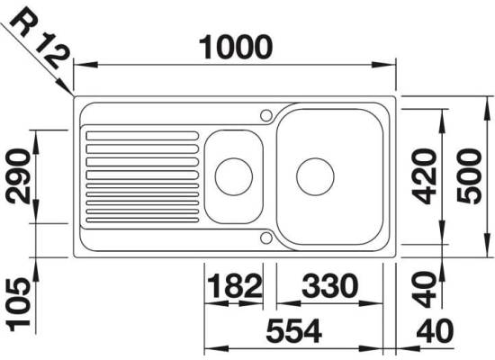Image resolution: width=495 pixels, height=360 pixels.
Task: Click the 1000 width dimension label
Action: point(236,47)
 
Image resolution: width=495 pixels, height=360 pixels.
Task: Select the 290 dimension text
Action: point(19,176)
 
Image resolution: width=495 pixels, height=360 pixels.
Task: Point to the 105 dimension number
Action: point(19,304)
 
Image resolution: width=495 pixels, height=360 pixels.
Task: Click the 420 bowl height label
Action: point(425,176)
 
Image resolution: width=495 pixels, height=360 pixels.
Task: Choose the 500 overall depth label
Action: point(470,176)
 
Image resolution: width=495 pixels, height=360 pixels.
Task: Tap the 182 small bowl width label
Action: point(235,286)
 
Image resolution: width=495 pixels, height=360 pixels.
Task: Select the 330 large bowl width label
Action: point(330,286)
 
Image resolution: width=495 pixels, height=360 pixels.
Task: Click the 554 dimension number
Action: point(294,331)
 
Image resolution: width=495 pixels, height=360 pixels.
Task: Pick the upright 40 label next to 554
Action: point(435,331)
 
